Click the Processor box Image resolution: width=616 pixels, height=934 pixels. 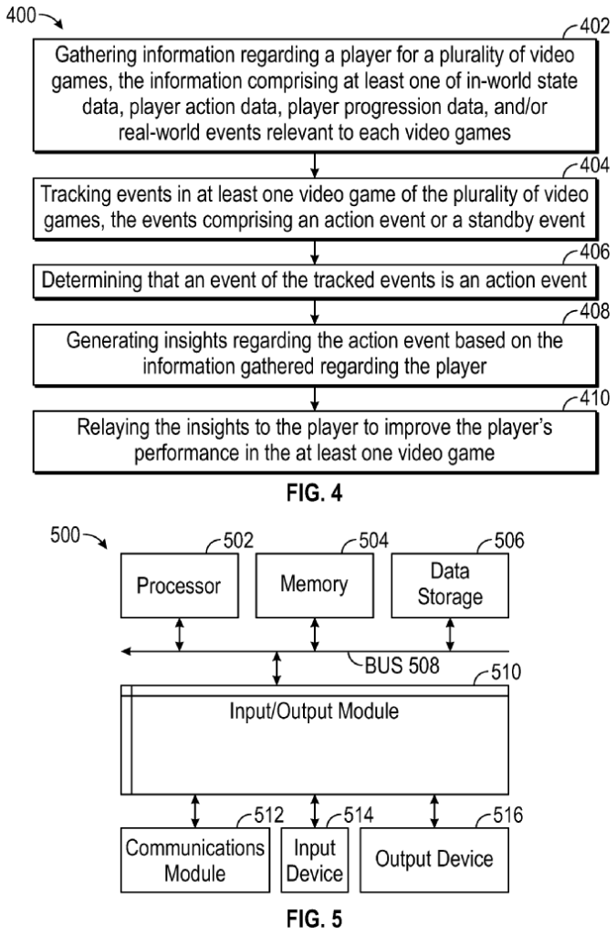coord(179,586)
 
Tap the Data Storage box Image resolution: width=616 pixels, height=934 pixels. coord(449,586)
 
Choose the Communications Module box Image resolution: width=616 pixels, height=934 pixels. coord(194,859)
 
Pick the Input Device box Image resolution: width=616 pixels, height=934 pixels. coord(315,859)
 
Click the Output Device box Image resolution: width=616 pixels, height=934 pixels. coord(434,859)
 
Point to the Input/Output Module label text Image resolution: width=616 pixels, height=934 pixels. coord(314,711)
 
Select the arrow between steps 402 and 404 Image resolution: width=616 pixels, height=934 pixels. coord(314,165)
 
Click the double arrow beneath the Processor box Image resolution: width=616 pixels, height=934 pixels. coord(179,633)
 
